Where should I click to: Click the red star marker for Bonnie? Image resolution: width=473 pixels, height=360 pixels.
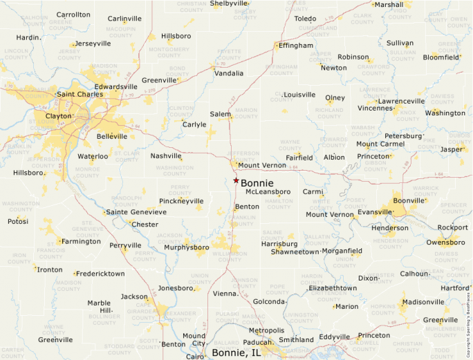coord(236,180)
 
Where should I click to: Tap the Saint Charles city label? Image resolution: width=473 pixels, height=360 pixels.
coord(80,94)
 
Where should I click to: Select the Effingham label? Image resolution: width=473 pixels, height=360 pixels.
coord(296,46)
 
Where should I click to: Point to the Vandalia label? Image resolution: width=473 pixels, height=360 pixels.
coord(229,73)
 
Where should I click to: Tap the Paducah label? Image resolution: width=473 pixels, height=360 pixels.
coord(257,341)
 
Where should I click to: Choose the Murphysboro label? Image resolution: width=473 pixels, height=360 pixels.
coord(186,247)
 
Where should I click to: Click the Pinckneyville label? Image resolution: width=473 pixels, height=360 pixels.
coord(181,201)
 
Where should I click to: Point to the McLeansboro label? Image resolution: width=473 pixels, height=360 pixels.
coord(268,191)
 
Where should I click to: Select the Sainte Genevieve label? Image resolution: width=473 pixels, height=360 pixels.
coord(136,212)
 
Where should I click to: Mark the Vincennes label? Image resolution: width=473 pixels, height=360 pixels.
coord(375,108)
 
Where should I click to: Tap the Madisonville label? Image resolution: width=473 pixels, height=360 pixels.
coord(423,302)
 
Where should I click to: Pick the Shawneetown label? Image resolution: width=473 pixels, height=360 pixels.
coord(295,252)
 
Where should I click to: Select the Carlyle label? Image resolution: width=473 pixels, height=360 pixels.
coord(194,124)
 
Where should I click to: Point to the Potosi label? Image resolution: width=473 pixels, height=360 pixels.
coord(18,222)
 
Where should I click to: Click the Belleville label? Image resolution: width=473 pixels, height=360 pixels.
coord(112,137)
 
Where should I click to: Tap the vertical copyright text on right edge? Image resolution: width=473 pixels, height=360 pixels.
coord(468,321)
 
